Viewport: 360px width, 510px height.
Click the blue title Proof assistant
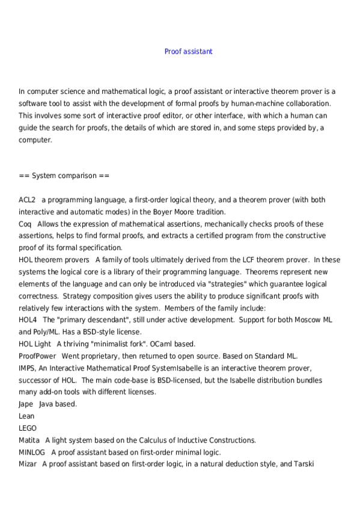(x=188, y=52)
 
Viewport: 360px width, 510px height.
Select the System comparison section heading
(x=64, y=176)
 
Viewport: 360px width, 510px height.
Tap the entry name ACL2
(x=27, y=200)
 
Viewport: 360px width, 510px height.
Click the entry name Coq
(x=25, y=224)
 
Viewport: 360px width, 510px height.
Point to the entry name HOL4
(x=28, y=320)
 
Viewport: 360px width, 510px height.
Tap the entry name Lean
(x=26, y=416)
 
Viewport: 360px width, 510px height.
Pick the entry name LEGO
(x=28, y=428)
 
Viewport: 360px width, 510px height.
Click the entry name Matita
(x=29, y=440)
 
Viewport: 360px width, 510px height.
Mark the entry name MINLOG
(x=32, y=452)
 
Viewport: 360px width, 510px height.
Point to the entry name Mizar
(x=28, y=464)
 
